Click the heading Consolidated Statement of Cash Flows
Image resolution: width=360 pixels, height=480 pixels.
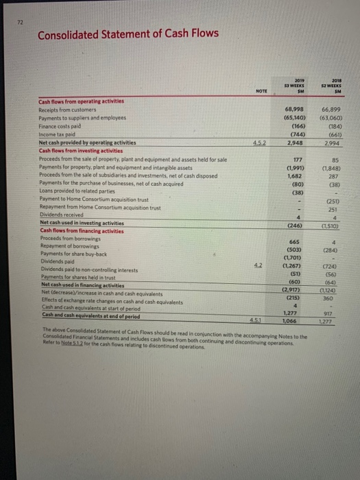(x=128, y=34)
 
